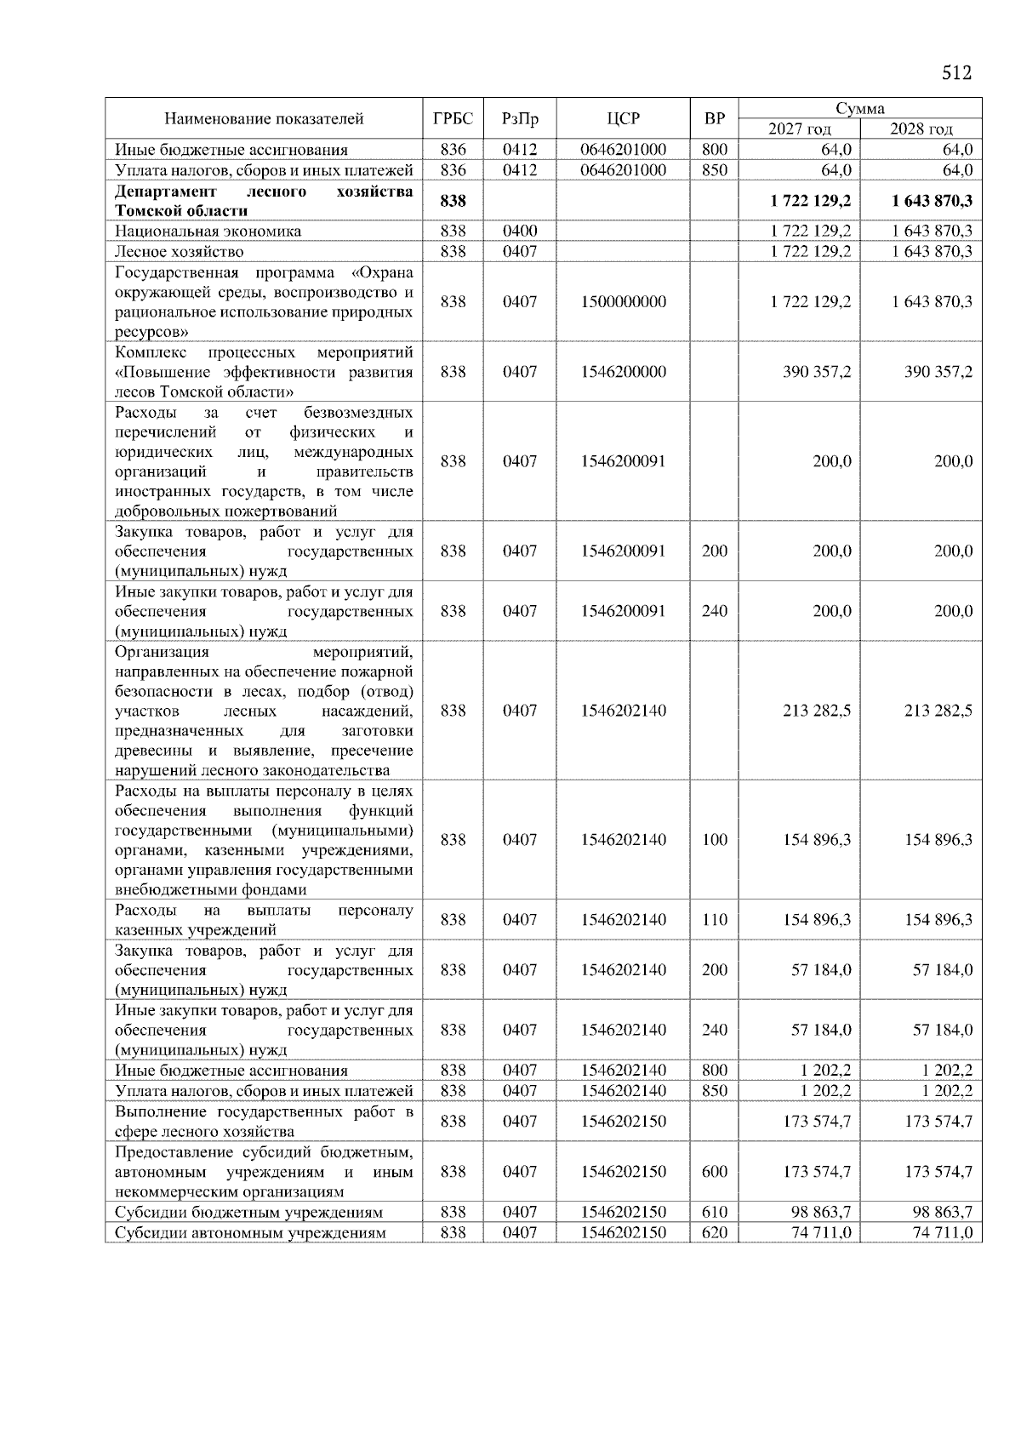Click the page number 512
(956, 73)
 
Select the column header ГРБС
(453, 118)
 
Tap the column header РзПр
(520, 118)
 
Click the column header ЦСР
(623, 118)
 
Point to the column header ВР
(715, 118)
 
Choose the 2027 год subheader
(799, 129)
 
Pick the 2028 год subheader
(921, 129)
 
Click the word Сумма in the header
(859, 108)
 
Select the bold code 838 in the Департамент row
(453, 201)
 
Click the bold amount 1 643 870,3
(932, 201)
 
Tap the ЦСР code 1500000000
(623, 302)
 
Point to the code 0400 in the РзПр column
(520, 231)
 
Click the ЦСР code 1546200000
(623, 372)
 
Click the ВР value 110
(715, 920)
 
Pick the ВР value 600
(715, 1172)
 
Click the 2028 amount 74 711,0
(942, 1233)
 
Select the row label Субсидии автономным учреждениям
(250, 1233)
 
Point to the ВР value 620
(715, 1233)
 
